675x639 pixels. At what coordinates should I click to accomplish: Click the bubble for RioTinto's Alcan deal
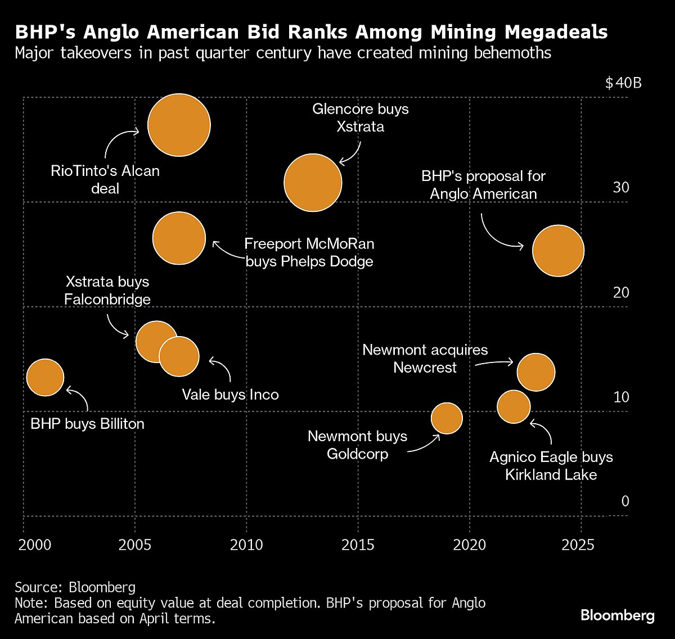[179, 125]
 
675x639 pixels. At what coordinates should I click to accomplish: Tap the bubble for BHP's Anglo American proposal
[558, 251]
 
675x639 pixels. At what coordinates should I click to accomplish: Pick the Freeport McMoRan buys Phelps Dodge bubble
[179, 238]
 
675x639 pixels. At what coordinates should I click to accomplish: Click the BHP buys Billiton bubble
[45, 378]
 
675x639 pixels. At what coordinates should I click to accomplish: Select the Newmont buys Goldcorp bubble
[447, 418]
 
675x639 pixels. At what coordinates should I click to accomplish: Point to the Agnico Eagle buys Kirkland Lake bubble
[514, 406]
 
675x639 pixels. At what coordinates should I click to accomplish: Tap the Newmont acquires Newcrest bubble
[536, 372]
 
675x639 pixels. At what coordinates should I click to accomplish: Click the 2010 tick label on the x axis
[246, 545]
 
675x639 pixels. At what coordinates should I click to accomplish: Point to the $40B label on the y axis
[623, 84]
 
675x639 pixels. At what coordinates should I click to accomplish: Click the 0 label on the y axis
[625, 501]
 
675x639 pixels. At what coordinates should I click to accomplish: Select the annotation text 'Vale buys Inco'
[230, 395]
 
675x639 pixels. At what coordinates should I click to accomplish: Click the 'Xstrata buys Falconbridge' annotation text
[107, 290]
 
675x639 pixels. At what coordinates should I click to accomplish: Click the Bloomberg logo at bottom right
[617, 615]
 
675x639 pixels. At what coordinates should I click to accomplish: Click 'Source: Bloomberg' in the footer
[75, 587]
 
